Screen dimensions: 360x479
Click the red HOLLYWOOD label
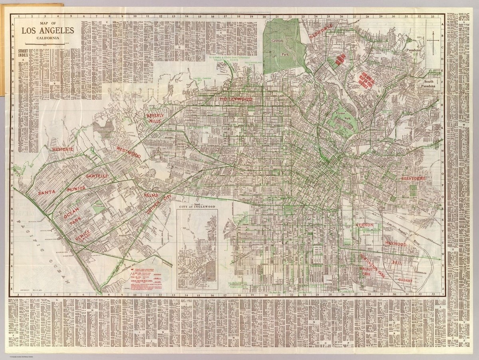coord(236,99)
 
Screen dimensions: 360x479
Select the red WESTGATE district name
coord(63,149)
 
